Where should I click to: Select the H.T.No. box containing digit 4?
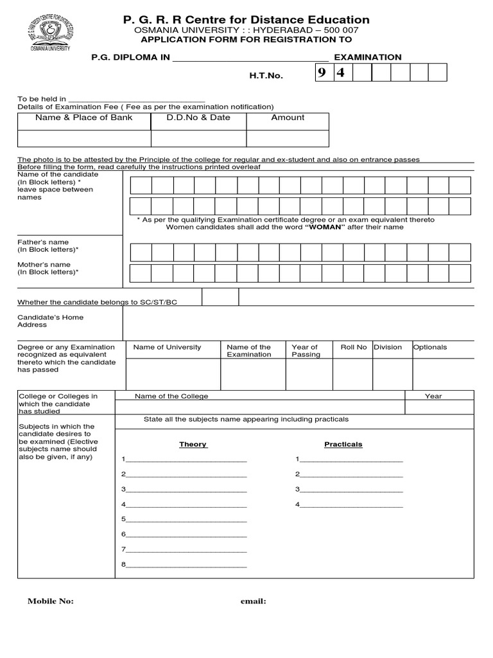tap(342, 73)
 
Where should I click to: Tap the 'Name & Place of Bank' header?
tap(84, 118)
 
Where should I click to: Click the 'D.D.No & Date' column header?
tap(198, 118)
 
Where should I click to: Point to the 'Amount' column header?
tap(288, 118)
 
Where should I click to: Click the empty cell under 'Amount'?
tap(288, 138)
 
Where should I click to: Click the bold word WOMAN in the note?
tap(325, 227)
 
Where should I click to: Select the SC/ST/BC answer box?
tap(220, 297)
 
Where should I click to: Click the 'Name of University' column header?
tap(167, 347)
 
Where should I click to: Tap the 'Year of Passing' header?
tap(306, 351)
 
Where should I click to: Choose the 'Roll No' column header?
tap(354, 347)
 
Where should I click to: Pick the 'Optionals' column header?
tap(429, 347)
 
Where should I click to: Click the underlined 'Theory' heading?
tap(193, 445)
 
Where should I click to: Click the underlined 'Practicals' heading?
tap(343, 445)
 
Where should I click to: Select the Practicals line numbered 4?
tap(350, 505)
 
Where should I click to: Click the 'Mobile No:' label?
tap(50, 601)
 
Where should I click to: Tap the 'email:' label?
tap(253, 601)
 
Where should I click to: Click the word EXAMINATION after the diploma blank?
tap(367, 57)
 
